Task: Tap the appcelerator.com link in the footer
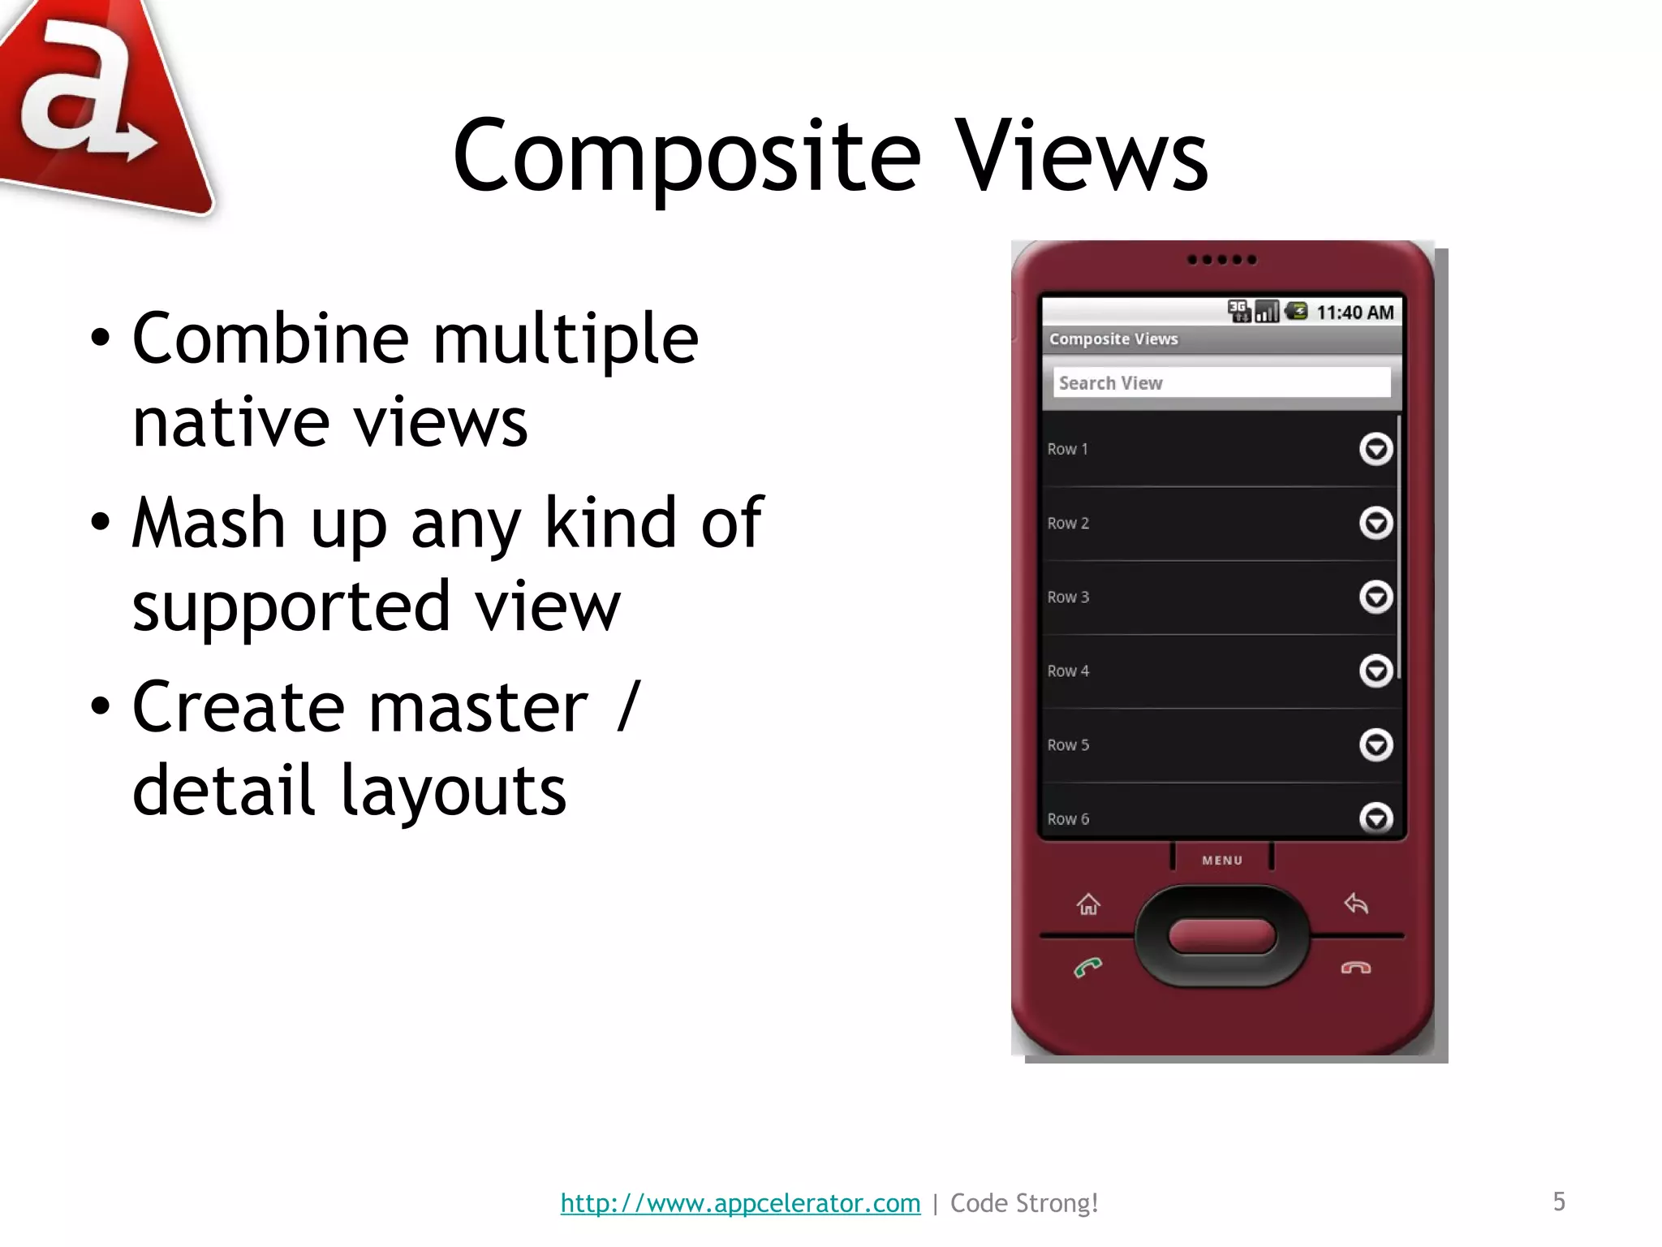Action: [740, 1202]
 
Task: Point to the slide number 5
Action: [1559, 1202]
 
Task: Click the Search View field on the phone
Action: [1221, 382]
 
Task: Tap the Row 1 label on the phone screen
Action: [1067, 449]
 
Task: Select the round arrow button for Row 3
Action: [1376, 597]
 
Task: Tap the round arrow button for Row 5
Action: [1376, 744]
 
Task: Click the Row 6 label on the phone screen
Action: [1068, 819]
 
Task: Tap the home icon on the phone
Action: [1088, 904]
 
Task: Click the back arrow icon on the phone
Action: [1356, 903]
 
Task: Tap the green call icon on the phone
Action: [1087, 967]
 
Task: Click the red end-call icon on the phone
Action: [1355, 968]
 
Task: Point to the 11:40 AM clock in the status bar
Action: [1354, 313]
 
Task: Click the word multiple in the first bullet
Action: [566, 339]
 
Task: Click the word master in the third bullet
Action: [478, 707]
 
